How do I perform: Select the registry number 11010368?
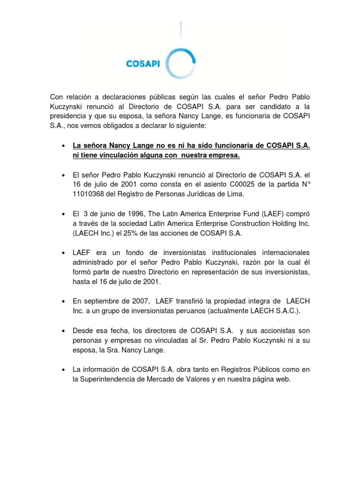click(x=88, y=194)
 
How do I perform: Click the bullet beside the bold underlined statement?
click(x=63, y=146)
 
